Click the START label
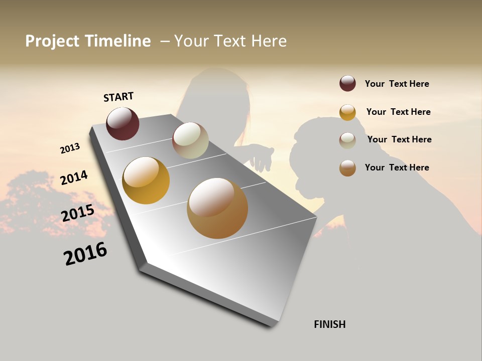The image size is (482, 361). click(x=118, y=97)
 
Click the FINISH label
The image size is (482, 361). click(x=329, y=324)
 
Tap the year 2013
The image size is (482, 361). click(x=70, y=148)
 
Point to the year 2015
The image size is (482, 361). click(x=78, y=213)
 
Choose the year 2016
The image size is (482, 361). click(x=85, y=254)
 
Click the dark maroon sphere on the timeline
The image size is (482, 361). click(x=123, y=124)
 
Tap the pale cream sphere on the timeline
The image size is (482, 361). click(x=190, y=140)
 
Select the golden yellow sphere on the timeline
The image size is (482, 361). click(x=146, y=180)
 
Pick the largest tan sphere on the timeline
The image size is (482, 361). click(x=217, y=208)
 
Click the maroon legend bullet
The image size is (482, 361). click(x=347, y=84)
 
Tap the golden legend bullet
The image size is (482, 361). click(x=347, y=112)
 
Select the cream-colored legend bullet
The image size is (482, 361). click(x=347, y=140)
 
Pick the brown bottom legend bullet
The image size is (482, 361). click(x=347, y=168)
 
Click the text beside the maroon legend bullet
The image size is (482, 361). click(x=397, y=84)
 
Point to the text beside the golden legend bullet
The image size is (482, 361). click(x=398, y=112)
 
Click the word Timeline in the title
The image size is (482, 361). click(x=117, y=41)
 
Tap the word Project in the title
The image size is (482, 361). click(x=53, y=41)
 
